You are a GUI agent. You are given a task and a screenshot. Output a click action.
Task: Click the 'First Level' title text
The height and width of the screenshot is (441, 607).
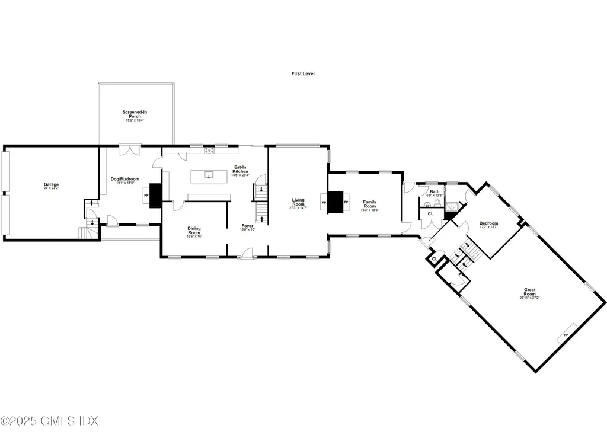(x=302, y=73)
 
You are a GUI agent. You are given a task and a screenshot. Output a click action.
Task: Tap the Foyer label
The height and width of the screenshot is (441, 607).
(x=247, y=228)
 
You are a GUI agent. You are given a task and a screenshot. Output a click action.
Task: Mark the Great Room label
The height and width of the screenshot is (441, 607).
(x=529, y=293)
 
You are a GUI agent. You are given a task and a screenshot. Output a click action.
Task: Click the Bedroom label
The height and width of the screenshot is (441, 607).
(x=488, y=225)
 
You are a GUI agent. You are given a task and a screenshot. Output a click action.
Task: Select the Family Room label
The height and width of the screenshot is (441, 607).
(x=369, y=204)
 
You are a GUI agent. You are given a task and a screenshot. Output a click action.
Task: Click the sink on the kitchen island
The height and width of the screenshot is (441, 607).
(x=209, y=174)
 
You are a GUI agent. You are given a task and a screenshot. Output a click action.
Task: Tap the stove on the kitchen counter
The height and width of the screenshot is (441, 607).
(x=210, y=151)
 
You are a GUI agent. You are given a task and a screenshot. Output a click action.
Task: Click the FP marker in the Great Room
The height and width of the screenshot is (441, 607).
(x=566, y=335)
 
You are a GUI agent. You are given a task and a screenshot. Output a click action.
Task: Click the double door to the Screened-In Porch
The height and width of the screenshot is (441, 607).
(x=129, y=150)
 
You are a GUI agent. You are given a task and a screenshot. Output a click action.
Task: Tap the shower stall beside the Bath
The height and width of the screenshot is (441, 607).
(x=453, y=204)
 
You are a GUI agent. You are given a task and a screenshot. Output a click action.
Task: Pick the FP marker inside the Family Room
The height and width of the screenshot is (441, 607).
(x=346, y=202)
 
